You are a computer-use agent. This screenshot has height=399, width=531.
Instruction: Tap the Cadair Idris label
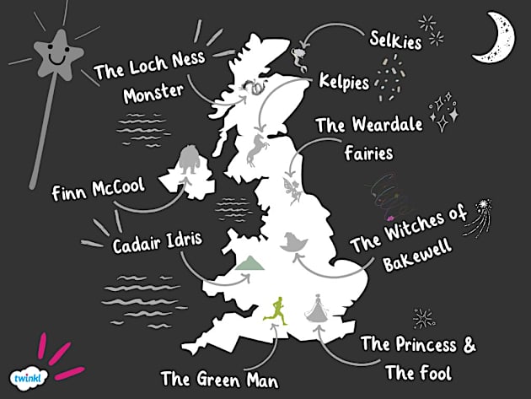point(158,245)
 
